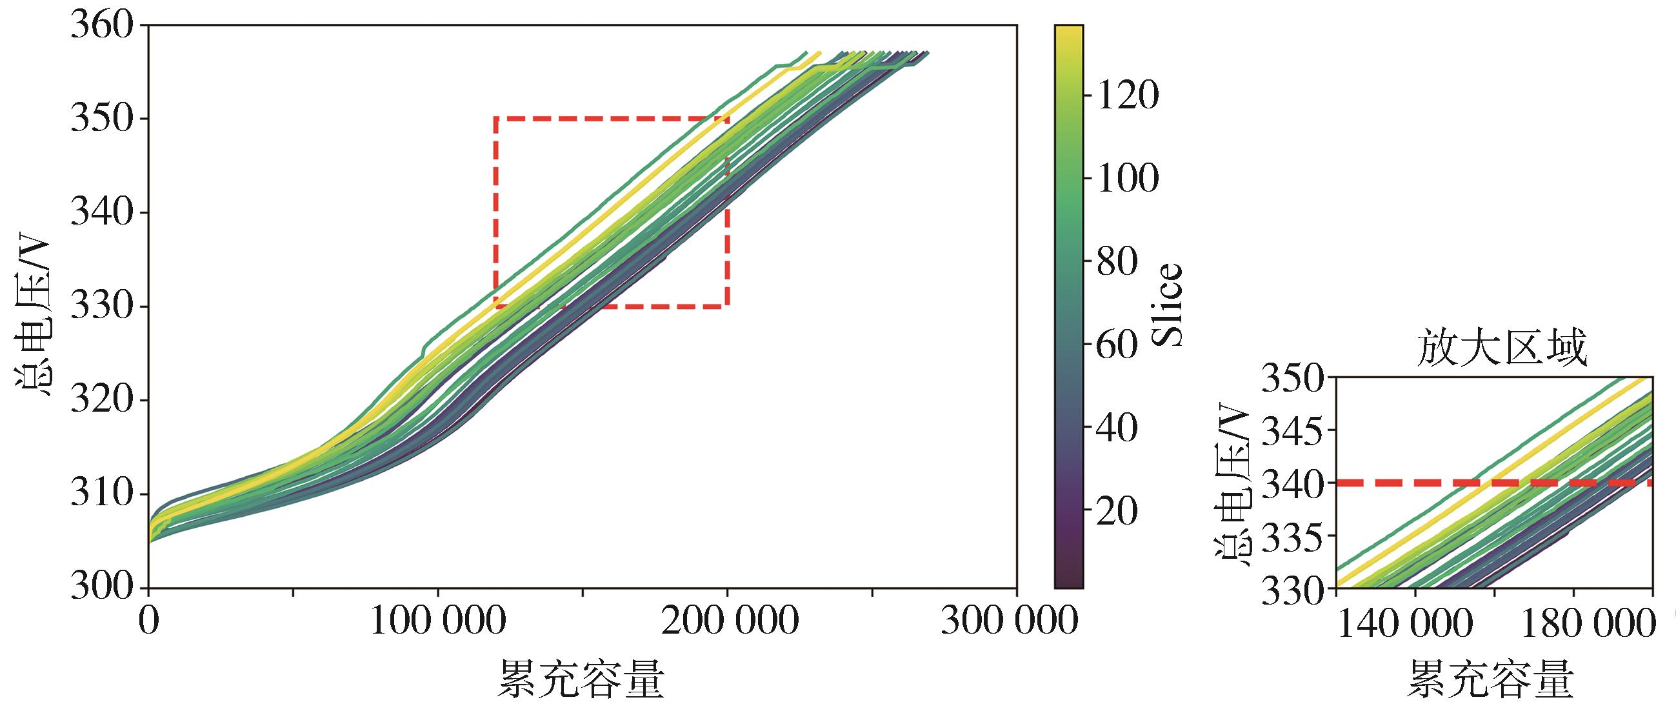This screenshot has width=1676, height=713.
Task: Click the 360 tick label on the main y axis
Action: pyautogui.click(x=101, y=26)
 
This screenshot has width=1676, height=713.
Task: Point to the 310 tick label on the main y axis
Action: pyautogui.click(x=101, y=494)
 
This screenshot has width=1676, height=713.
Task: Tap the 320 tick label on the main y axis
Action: pyautogui.click(x=101, y=401)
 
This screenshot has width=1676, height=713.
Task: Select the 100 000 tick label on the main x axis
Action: pyautogui.click(x=437, y=621)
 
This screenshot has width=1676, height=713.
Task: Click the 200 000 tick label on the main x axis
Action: pyautogui.click(x=728, y=621)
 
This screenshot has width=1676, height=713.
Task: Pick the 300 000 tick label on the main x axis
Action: pyautogui.click(x=1010, y=621)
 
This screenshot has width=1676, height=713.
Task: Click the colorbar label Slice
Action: pyautogui.click(x=1167, y=305)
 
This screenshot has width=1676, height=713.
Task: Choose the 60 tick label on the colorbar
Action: pyautogui.click(x=1117, y=345)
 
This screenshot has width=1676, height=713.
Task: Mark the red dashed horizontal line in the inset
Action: pyautogui.click(x=1497, y=483)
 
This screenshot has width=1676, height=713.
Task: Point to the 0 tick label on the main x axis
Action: pyautogui.click(x=149, y=621)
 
